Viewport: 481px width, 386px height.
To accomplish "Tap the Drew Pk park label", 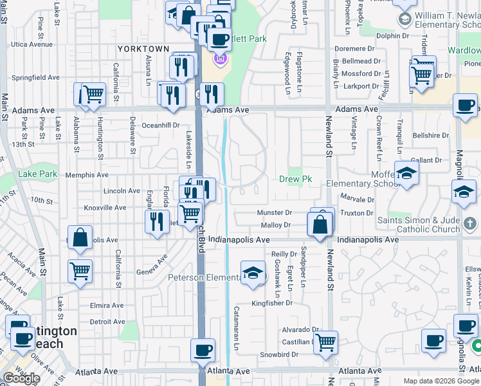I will [x=295, y=179].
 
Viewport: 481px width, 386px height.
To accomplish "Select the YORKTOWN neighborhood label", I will [x=143, y=49].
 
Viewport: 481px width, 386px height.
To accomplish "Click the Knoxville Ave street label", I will [x=105, y=208].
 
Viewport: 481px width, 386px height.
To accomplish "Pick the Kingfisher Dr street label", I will [x=272, y=303].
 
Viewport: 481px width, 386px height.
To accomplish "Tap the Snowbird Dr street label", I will [x=278, y=354].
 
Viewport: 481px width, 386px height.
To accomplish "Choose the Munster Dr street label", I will [x=275, y=212].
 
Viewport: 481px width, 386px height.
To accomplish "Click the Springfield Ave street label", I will [x=35, y=78].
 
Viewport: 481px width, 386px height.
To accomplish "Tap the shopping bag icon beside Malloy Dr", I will [x=320, y=225].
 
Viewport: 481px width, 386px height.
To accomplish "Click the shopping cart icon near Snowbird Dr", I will [x=326, y=341].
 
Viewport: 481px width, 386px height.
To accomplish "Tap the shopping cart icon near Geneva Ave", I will [x=80, y=271].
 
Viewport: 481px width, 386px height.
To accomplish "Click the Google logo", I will [x=21, y=378].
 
